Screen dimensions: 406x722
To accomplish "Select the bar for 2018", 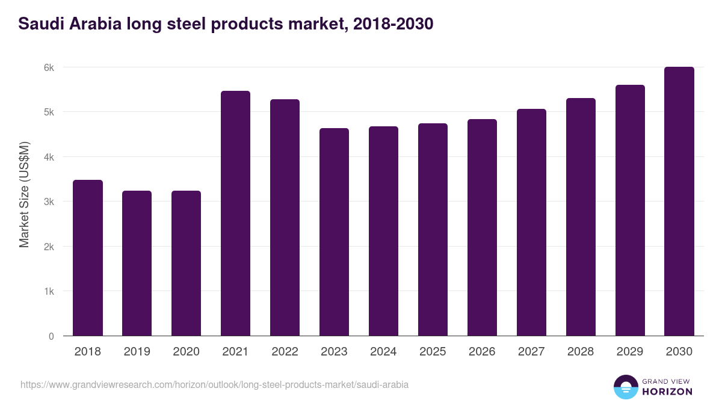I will point(88,258).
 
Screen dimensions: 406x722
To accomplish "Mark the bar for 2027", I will point(531,223).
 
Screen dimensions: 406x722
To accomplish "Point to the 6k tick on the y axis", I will point(49,67).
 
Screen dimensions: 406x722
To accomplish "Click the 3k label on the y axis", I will point(49,202).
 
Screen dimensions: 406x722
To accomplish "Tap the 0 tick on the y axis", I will point(51,336).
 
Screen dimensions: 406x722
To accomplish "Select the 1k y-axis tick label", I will point(49,292).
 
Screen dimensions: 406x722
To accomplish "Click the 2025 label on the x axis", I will point(433,352).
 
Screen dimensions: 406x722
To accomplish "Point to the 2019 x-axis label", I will point(137,352).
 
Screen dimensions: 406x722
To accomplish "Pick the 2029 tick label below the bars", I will point(630,352).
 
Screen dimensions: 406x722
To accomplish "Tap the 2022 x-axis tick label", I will point(285,352).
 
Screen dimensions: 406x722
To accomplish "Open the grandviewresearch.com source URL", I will point(214,384).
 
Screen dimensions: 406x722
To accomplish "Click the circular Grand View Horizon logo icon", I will point(626,387).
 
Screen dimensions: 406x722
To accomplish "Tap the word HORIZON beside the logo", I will point(667,392).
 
